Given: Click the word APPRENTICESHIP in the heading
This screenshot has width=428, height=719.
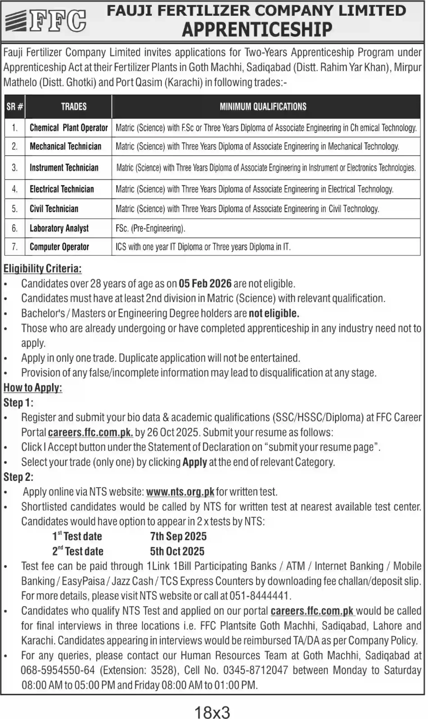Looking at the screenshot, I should pyautogui.click(x=257, y=29).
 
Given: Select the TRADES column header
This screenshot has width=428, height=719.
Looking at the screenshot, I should pyautogui.click(x=74, y=107).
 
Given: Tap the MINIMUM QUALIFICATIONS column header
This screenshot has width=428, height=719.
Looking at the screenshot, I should pyautogui.click(x=263, y=107).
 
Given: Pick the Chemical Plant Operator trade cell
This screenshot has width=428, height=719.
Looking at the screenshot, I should pyautogui.click(x=69, y=128).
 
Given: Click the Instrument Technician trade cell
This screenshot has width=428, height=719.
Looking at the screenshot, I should pyautogui.click(x=64, y=168).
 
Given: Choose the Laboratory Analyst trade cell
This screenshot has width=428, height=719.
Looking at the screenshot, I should pyautogui.click(x=59, y=229).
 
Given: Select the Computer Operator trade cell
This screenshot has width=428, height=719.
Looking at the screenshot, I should pyautogui.click(x=59, y=247).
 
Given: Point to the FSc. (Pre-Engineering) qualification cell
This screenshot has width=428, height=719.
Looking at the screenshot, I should pyautogui.click(x=150, y=229).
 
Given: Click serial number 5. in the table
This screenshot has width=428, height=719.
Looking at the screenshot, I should pyautogui.click(x=15, y=209).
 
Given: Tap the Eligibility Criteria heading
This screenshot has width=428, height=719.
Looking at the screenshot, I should pyautogui.click(x=42, y=269).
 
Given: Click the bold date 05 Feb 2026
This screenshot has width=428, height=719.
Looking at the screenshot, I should pyautogui.click(x=205, y=284).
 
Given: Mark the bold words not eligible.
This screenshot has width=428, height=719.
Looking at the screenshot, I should pyautogui.click(x=274, y=313).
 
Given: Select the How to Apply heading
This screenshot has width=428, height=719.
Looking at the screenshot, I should pyautogui.click(x=33, y=388).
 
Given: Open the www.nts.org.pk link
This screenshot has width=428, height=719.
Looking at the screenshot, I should pyautogui.click(x=180, y=492).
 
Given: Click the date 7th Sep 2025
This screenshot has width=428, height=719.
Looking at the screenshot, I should pyautogui.click(x=178, y=536).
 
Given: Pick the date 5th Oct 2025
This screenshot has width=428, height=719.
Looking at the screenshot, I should pyautogui.click(x=177, y=551).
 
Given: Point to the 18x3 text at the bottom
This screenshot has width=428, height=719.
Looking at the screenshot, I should pyautogui.click(x=212, y=711).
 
